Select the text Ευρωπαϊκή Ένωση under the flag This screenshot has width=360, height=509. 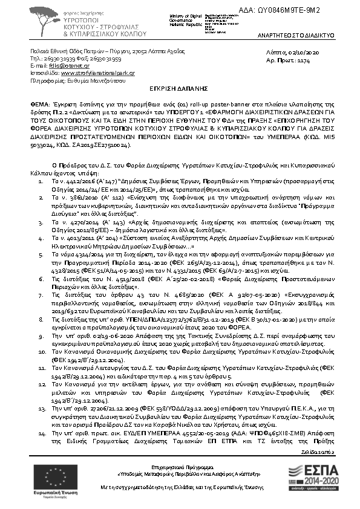point(38,493)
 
